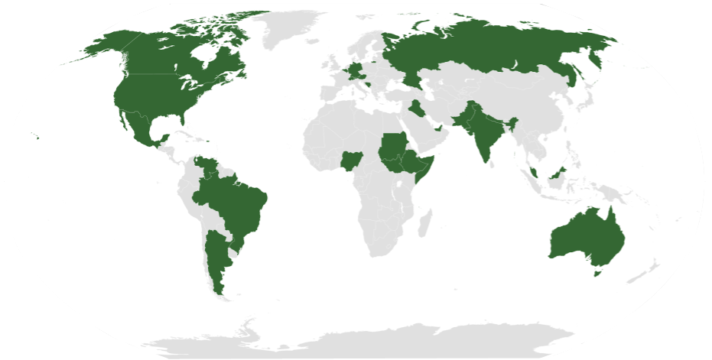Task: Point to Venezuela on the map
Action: point(206,166)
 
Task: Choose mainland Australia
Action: point(585,234)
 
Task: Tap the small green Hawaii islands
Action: point(36,138)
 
